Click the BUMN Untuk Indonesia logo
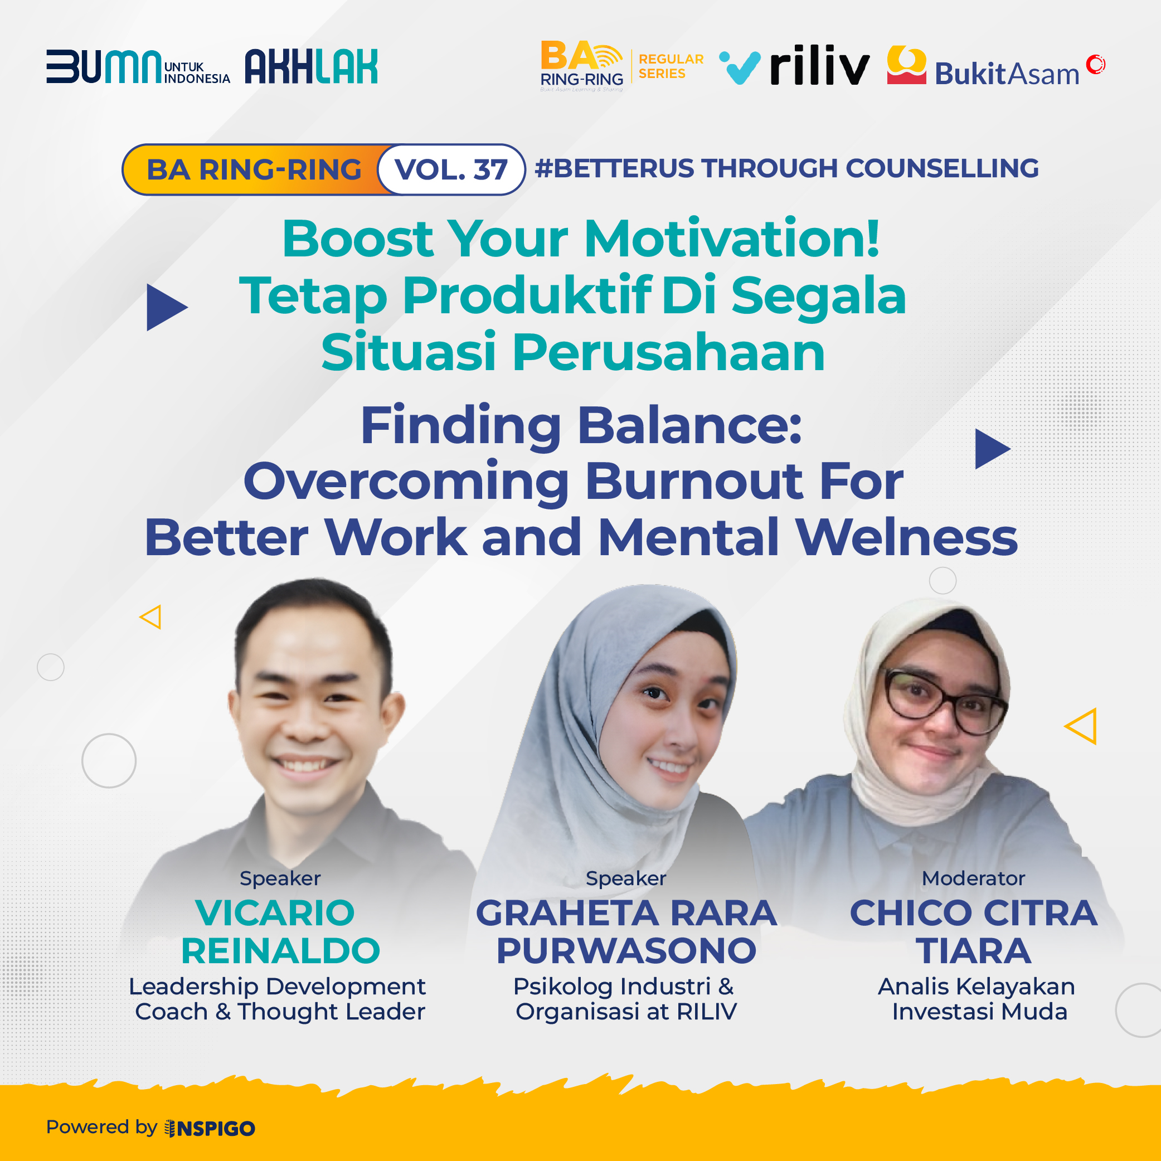pyautogui.click(x=138, y=67)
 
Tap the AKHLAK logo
pyautogui.click(x=311, y=66)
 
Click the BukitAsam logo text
pyautogui.click(x=1007, y=74)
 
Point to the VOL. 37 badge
pyautogui.click(x=451, y=169)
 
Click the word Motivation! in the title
pyautogui.click(x=732, y=239)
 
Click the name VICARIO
pyautogui.click(x=275, y=913)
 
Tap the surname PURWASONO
pyautogui.click(x=626, y=951)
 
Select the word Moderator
pyautogui.click(x=973, y=878)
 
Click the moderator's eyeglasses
pyautogui.click(x=944, y=701)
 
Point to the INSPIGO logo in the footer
pyautogui.click(x=210, y=1129)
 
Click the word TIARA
pyautogui.click(x=974, y=951)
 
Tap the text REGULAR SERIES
pyautogui.click(x=671, y=66)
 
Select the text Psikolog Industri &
pyautogui.click(x=623, y=986)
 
